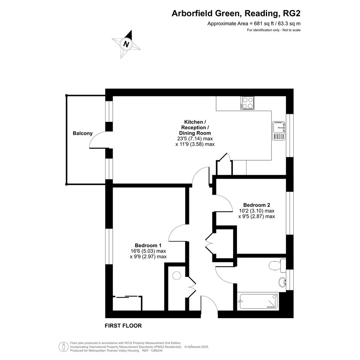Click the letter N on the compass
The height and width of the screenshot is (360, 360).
[x=126, y=44]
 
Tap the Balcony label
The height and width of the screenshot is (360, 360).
[x=83, y=133]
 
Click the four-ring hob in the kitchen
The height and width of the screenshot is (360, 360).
[x=247, y=103]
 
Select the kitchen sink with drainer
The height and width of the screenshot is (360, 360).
[x=279, y=131]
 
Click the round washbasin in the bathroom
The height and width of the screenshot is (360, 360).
[x=282, y=282]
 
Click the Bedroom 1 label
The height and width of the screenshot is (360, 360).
[x=148, y=245]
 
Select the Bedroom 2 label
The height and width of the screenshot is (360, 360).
[x=257, y=205]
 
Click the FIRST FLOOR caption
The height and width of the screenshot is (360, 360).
[x=123, y=326]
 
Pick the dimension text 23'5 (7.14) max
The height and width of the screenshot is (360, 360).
[x=195, y=139]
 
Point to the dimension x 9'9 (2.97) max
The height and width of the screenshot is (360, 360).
[x=148, y=257]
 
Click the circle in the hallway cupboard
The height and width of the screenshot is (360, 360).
[x=177, y=275]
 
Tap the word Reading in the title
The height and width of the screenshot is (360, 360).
[x=261, y=14]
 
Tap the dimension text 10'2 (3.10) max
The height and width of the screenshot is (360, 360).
[x=257, y=211]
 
